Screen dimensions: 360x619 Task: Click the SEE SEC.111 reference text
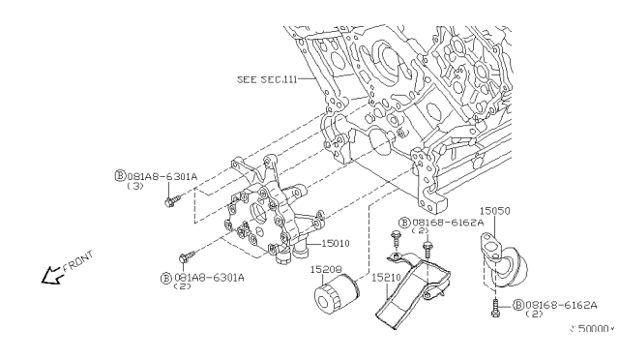coord(268,78)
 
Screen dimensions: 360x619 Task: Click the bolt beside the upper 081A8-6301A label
coord(172,201)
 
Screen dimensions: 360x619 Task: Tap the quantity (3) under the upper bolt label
coord(137,187)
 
